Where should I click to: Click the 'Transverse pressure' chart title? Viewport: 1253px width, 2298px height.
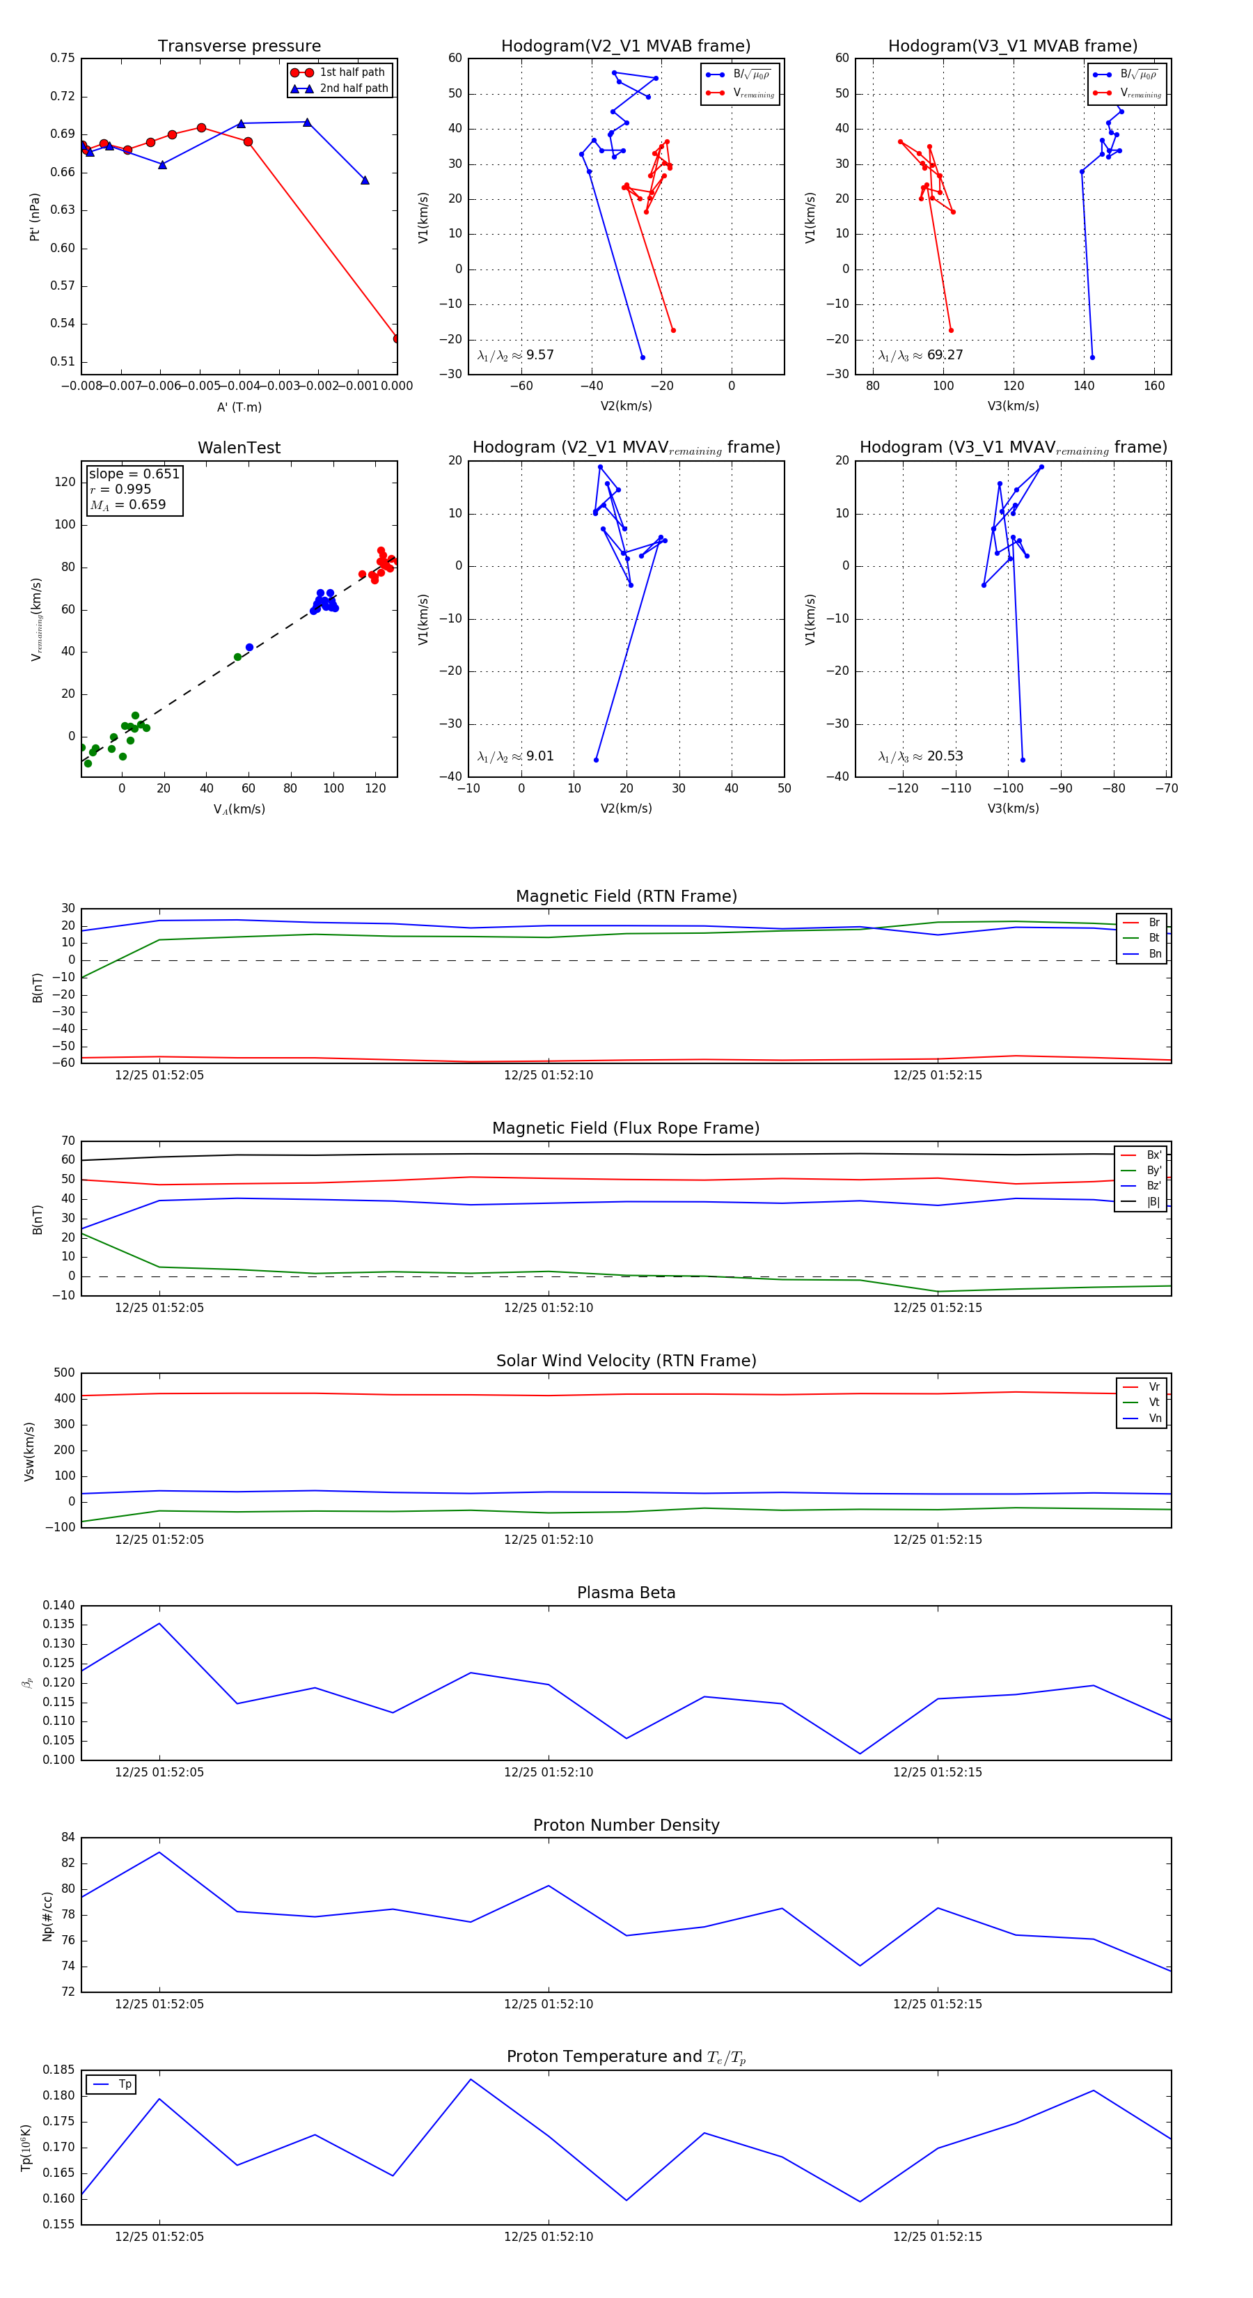tap(239, 47)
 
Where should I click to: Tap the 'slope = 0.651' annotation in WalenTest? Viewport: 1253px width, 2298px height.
tap(134, 474)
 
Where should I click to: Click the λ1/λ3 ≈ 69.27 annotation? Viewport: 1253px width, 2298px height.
tap(920, 355)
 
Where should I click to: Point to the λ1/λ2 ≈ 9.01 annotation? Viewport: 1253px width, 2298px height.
tap(515, 756)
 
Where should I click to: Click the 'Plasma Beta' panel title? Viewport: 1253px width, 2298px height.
tap(626, 1593)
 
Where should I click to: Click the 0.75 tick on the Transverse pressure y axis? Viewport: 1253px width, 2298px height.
tap(63, 58)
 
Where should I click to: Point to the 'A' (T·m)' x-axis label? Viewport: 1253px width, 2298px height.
tap(239, 407)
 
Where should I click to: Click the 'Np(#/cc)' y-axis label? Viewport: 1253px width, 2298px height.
tap(47, 1916)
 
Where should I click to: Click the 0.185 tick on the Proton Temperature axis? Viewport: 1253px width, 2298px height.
tap(59, 2070)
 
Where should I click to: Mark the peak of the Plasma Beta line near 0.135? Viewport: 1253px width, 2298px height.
tap(159, 1624)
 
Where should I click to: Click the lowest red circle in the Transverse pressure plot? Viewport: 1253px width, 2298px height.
tap(397, 339)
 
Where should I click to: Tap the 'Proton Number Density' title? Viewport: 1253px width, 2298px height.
tap(626, 1824)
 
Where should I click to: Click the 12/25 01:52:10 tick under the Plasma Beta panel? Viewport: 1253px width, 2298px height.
tap(549, 1772)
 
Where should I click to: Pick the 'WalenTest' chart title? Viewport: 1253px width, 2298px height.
tap(239, 448)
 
